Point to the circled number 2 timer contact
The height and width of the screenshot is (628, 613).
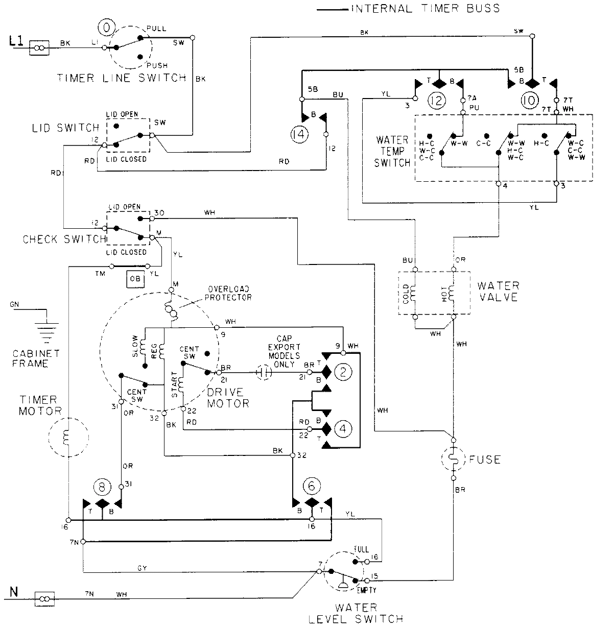[x=343, y=373]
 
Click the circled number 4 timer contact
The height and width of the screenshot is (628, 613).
[x=343, y=429]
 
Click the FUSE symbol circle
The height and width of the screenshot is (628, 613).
[x=453, y=460]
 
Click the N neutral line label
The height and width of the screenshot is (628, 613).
[x=14, y=592]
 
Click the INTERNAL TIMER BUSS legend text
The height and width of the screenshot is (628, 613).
[x=424, y=9]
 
